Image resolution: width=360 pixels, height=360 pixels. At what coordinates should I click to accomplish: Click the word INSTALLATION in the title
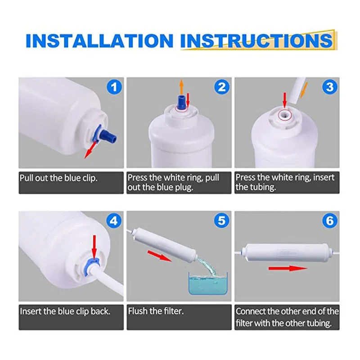tap(99, 40)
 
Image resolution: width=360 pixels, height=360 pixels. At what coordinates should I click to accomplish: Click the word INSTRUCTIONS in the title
tap(256, 40)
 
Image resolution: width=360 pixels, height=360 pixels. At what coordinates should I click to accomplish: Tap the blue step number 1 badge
tap(114, 87)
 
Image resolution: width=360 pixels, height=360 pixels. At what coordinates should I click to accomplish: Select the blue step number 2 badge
tap(222, 87)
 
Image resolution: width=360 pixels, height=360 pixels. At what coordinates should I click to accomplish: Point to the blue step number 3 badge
tap(330, 87)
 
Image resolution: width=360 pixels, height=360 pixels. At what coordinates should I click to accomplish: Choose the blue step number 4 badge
tap(114, 220)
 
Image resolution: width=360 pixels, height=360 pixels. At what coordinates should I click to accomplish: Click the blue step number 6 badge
tap(330, 220)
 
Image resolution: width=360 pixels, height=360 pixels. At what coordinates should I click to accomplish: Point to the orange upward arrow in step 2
tap(181, 87)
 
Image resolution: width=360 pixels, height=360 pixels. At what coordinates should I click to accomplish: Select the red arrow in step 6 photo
tap(288, 268)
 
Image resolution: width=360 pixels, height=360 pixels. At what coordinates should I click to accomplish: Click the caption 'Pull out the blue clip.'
tap(58, 178)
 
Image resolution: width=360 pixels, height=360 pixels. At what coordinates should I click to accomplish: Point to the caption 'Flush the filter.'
tap(156, 311)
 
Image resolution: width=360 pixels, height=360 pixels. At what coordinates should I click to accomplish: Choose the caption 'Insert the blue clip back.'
tap(65, 311)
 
